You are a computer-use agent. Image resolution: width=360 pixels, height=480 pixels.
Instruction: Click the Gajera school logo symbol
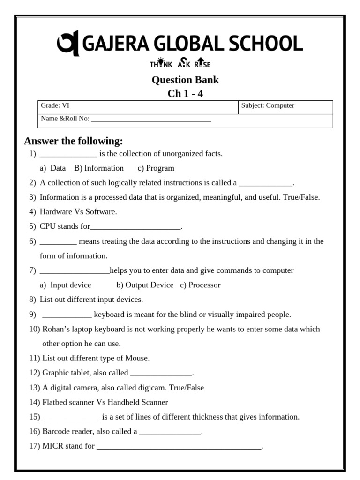tap(68, 44)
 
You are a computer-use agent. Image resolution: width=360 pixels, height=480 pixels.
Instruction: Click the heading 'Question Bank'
tap(185, 80)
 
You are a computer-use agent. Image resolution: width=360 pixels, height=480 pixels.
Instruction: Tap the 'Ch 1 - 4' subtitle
tap(185, 93)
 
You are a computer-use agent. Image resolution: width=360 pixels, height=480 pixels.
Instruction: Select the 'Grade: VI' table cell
tap(55, 105)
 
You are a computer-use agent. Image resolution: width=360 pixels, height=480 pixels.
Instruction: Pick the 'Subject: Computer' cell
tap(268, 105)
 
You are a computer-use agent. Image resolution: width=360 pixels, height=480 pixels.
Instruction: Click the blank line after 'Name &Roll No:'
tap(151, 120)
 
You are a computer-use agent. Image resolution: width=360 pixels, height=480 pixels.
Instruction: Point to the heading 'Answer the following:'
tap(74, 141)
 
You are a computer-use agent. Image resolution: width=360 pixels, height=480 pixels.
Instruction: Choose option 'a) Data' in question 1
tap(53, 168)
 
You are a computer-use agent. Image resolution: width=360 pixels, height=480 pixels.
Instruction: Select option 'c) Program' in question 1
tap(156, 168)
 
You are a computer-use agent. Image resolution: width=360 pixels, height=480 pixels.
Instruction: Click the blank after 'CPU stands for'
tap(135, 227)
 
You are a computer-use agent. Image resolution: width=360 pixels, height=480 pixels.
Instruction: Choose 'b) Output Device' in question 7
tap(145, 285)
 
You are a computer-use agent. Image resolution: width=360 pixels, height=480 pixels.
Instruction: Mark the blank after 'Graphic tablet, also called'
tap(161, 374)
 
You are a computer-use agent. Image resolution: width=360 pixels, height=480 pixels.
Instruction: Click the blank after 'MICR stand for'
tap(179, 447)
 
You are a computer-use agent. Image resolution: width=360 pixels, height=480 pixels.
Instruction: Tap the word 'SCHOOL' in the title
tap(265, 44)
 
